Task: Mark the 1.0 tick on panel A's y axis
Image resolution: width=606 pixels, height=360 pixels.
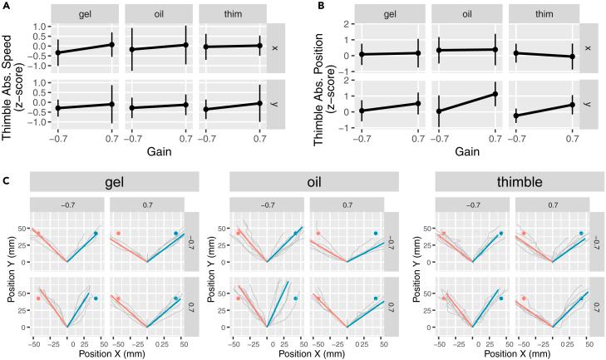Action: pyautogui.click(x=38, y=27)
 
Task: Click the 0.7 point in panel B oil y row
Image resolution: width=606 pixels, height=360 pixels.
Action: pyautogui.click(x=495, y=93)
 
